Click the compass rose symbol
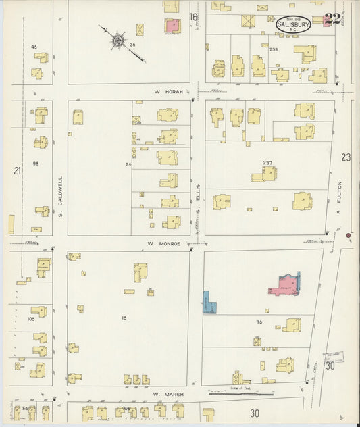point(118,41)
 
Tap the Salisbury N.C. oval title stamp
point(294,24)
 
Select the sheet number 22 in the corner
point(332,19)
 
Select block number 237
point(267,163)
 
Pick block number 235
point(274,50)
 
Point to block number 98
point(35,164)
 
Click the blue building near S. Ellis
point(209,302)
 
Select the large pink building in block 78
point(286,284)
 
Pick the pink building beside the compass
point(172,26)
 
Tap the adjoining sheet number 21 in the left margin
point(17,171)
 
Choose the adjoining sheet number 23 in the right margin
point(346,157)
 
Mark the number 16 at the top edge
point(194,16)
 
